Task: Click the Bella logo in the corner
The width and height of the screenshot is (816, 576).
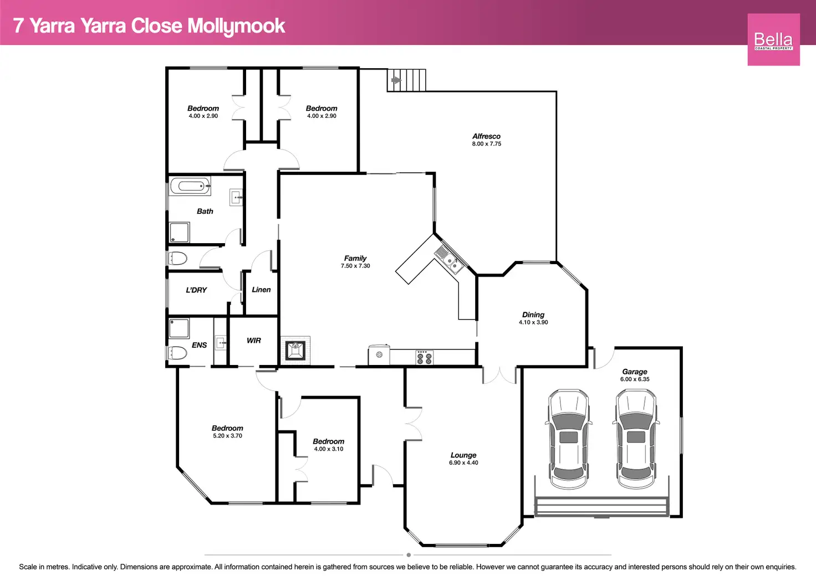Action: coord(773,40)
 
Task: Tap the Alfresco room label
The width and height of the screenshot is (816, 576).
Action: coord(486,136)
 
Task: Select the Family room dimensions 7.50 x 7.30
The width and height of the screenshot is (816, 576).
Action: coord(355,266)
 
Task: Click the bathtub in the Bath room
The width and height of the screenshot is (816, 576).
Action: coord(190,186)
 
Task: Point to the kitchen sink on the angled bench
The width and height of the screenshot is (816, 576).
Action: coord(449,260)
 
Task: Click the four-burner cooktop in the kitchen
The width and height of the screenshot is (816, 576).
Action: coord(425,357)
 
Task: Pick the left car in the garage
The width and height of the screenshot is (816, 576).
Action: coord(568,439)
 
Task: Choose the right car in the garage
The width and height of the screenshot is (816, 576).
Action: coord(636,439)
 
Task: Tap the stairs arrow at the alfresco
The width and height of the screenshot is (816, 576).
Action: coord(396,80)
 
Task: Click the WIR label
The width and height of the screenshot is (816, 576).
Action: coord(253,341)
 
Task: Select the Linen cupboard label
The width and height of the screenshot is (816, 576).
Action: coord(261,290)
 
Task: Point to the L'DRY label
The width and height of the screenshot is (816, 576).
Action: coord(196,290)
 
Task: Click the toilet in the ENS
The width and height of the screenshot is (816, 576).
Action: coord(177,353)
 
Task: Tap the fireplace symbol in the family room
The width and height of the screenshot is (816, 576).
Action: coord(295,350)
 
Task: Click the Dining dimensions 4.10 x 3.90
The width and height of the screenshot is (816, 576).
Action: coord(533,322)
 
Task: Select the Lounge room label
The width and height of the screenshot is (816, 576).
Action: coord(463,455)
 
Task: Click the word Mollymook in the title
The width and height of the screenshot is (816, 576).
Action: coord(236,26)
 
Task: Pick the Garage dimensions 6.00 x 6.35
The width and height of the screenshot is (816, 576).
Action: coord(635,379)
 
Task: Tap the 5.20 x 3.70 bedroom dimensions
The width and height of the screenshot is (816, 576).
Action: coord(227,436)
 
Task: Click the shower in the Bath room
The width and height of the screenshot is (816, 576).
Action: coord(179,232)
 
